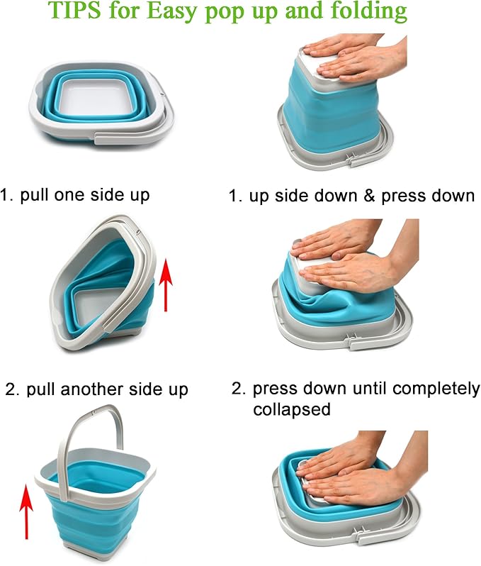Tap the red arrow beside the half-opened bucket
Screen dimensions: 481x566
pyautogui.click(x=166, y=285)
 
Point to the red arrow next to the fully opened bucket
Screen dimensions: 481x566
pyautogui.click(x=26, y=512)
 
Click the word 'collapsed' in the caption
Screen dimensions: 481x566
pyautogui.click(x=292, y=409)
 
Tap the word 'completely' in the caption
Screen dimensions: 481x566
pyautogui.click(x=436, y=389)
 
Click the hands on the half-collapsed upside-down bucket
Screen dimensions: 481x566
pyautogui.click(x=355, y=260)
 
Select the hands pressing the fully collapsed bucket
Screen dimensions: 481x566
pyautogui.click(x=364, y=473)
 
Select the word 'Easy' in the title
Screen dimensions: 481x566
pyautogui.click(x=173, y=11)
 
